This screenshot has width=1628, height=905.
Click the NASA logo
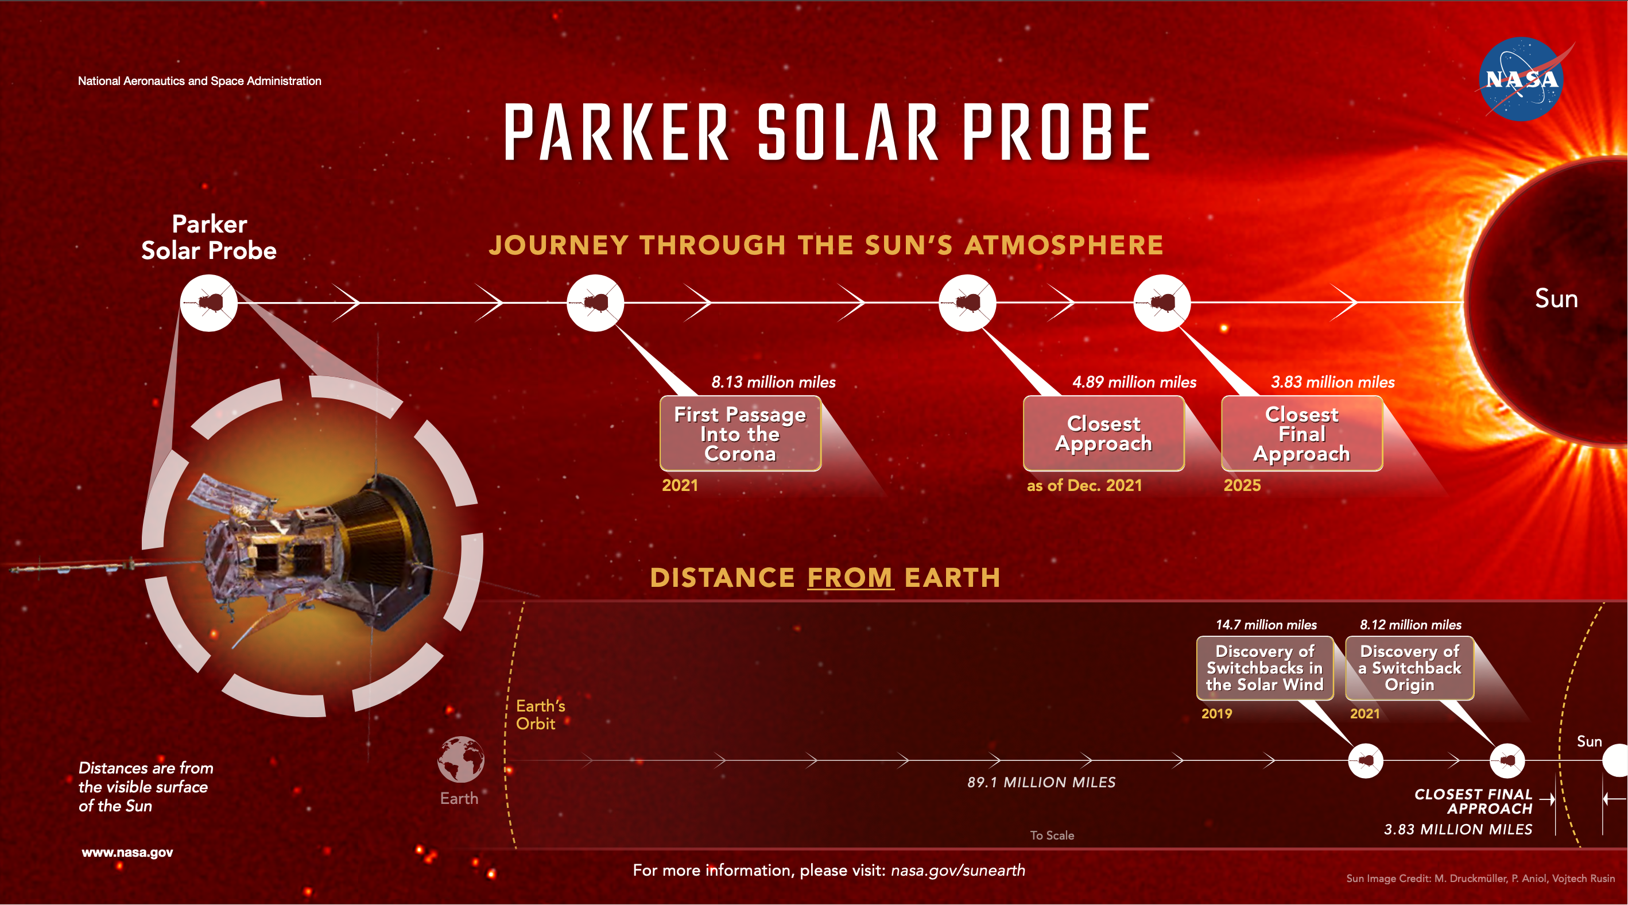click(x=1521, y=79)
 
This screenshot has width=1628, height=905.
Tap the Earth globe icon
click(x=461, y=759)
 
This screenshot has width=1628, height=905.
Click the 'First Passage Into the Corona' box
click(x=740, y=434)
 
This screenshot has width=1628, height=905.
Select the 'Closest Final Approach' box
click(x=1302, y=434)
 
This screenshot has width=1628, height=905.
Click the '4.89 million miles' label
click(x=1134, y=382)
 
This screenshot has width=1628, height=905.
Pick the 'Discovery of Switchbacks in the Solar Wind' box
click(x=1265, y=668)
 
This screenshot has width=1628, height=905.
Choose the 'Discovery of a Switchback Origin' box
click(x=1409, y=668)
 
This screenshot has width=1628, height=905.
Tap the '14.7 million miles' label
click(x=1266, y=625)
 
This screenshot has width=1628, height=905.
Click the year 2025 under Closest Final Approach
click(x=1242, y=485)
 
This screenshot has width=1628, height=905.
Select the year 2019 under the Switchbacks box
click(x=1216, y=714)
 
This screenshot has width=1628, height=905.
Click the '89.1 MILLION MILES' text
click(x=1041, y=782)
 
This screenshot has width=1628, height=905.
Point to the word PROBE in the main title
click(x=1056, y=133)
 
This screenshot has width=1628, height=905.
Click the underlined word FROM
click(x=850, y=578)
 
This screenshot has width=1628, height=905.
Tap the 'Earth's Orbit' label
click(x=540, y=715)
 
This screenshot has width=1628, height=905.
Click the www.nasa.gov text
click(x=127, y=853)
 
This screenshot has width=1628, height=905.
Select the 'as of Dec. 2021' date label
click(x=1084, y=485)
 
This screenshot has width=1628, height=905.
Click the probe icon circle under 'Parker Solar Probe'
click(x=208, y=303)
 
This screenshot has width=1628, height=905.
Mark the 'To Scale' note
click(x=1052, y=836)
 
